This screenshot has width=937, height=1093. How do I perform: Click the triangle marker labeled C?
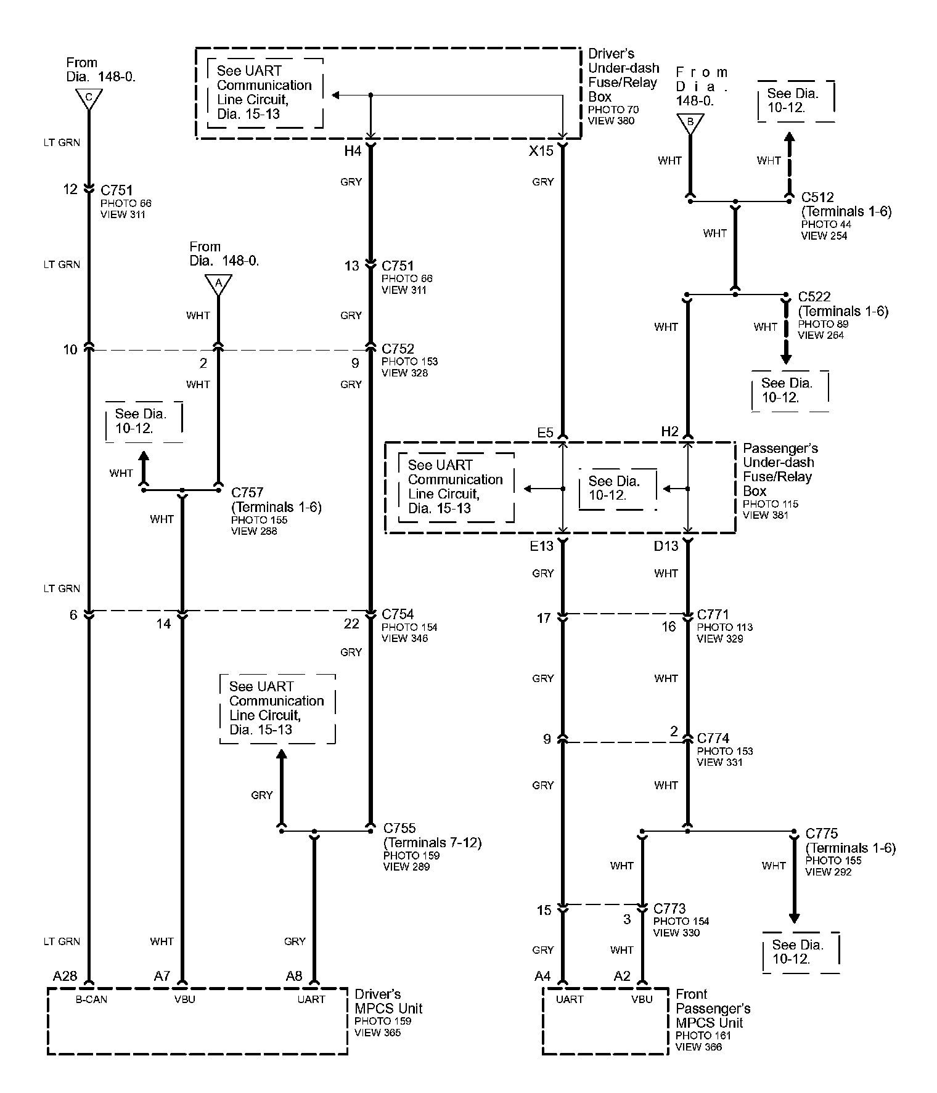click(x=89, y=98)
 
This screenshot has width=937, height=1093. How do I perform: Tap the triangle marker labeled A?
click(x=217, y=284)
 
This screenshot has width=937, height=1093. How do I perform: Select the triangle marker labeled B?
click(x=690, y=123)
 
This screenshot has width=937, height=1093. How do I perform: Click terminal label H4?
click(x=352, y=151)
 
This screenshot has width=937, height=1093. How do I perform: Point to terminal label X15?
click(x=541, y=151)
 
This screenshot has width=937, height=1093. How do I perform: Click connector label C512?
click(x=817, y=197)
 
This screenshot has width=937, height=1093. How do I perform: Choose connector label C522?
click(x=814, y=297)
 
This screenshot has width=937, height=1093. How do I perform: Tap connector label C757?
click(x=247, y=492)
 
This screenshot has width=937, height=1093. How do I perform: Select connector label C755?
click(x=399, y=828)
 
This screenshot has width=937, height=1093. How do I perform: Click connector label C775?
click(x=822, y=834)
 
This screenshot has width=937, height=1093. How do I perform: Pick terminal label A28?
click(x=65, y=975)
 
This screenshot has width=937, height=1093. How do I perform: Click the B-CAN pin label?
click(x=91, y=999)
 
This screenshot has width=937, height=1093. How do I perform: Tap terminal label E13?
click(x=542, y=546)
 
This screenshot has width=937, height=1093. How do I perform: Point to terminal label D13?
click(x=666, y=546)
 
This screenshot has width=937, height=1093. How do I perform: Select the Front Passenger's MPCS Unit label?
click(x=713, y=1009)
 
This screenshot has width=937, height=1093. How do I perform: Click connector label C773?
click(x=669, y=909)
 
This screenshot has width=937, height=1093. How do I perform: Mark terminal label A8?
click(x=294, y=975)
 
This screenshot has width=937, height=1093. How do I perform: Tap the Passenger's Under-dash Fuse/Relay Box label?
click(x=780, y=469)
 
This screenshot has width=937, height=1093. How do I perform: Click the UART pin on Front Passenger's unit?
click(x=569, y=999)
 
